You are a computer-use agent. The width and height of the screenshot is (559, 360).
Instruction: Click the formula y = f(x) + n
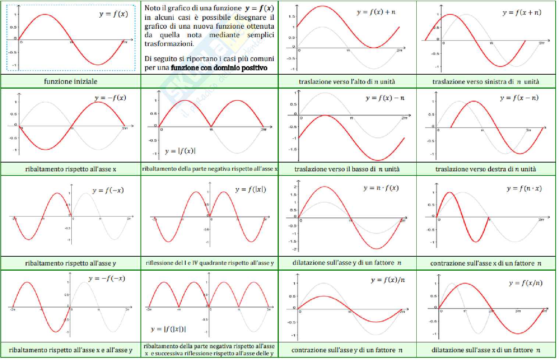click(376, 12)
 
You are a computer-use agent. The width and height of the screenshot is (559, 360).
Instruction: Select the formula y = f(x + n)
click(521, 13)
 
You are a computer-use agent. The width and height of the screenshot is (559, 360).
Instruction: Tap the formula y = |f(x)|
click(180, 151)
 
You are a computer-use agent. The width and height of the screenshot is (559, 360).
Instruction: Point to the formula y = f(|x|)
click(250, 189)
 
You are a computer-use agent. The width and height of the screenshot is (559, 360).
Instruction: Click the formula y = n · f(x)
click(381, 188)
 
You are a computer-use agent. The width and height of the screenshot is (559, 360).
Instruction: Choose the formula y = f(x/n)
click(526, 283)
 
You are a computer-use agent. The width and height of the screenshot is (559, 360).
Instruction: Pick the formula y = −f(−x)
click(107, 278)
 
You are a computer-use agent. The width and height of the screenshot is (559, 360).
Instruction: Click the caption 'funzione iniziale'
click(71, 81)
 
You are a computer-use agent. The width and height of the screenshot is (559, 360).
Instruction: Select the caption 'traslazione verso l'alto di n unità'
click(347, 82)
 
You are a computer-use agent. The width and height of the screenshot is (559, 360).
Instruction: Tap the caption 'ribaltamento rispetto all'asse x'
click(71, 169)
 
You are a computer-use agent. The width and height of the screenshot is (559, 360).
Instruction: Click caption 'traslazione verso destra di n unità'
click(485, 169)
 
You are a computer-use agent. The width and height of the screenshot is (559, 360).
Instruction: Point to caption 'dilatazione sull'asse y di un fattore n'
click(347, 263)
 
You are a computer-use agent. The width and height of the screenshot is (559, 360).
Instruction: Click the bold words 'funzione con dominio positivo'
click(219, 68)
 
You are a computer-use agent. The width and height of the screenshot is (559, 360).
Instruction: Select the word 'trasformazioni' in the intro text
click(169, 44)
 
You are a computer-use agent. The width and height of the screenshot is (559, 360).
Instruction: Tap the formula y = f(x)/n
click(388, 280)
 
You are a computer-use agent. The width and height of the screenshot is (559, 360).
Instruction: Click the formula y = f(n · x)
click(524, 189)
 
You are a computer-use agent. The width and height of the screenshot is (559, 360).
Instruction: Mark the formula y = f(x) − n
click(385, 98)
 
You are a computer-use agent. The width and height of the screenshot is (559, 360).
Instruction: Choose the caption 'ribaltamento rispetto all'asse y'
click(71, 263)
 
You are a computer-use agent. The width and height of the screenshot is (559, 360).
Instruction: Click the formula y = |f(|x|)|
click(168, 329)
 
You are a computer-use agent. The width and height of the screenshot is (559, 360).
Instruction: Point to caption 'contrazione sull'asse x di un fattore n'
click(485, 263)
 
